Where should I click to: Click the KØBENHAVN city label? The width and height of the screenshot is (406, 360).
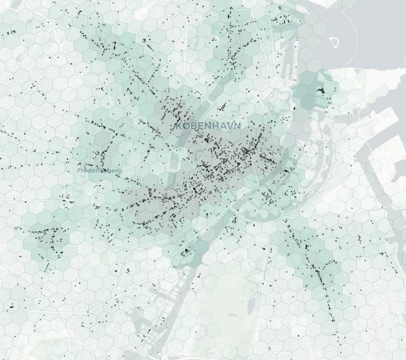click(208, 126)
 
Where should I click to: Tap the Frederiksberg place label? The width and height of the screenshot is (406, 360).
click(100, 170)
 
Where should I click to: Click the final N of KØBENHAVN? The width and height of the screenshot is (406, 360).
click(237, 126)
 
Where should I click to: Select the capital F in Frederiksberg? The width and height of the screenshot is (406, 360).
click(79, 170)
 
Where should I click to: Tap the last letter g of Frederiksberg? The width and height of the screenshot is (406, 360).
click(120, 171)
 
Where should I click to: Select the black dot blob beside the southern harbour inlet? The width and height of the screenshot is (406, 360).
click(187, 250)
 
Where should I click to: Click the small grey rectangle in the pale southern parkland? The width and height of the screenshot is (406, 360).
click(233, 315)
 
